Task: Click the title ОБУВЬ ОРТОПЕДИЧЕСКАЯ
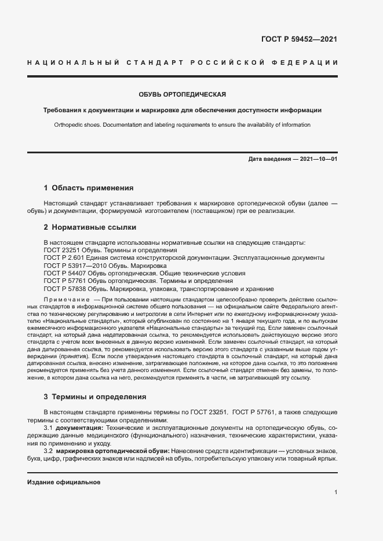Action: [181, 94]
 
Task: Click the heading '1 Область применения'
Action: [89, 188]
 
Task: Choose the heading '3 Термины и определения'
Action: [95, 397]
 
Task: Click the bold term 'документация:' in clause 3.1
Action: [79, 426]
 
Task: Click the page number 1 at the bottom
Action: [335, 492]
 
